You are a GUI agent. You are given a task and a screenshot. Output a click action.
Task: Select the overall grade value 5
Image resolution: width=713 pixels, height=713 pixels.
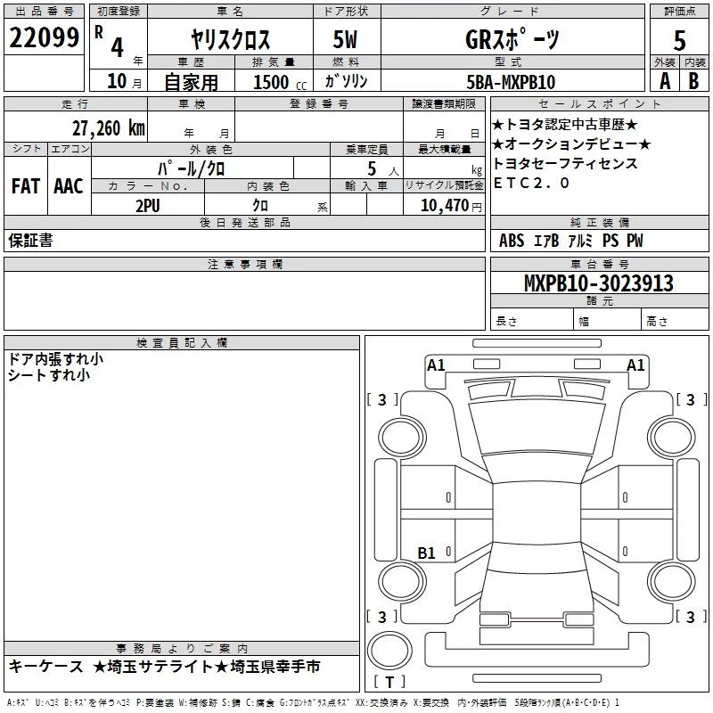click(x=680, y=41)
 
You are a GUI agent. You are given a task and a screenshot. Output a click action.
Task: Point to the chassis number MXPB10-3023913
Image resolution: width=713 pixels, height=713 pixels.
click(x=599, y=283)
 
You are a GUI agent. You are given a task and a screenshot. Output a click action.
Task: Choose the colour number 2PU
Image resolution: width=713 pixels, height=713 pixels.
click(x=148, y=204)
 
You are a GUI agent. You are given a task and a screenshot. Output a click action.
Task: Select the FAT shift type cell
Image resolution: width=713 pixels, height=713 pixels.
click(x=25, y=186)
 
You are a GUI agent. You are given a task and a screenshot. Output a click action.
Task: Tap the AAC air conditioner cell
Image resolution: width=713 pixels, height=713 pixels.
click(x=68, y=186)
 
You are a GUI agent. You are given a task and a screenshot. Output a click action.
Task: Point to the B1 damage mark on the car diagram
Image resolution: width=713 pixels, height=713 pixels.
click(x=427, y=553)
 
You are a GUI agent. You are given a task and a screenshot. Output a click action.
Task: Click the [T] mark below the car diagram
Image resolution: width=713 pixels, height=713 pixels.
click(x=389, y=683)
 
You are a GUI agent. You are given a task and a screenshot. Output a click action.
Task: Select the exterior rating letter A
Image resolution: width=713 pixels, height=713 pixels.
click(x=664, y=81)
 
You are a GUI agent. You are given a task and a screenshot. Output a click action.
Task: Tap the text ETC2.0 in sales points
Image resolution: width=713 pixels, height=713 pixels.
click(x=531, y=184)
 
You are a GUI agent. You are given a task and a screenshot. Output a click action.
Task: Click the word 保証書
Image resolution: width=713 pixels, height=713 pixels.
click(x=30, y=241)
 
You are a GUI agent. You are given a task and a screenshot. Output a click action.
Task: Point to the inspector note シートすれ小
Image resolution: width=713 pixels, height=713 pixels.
click(x=49, y=375)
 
